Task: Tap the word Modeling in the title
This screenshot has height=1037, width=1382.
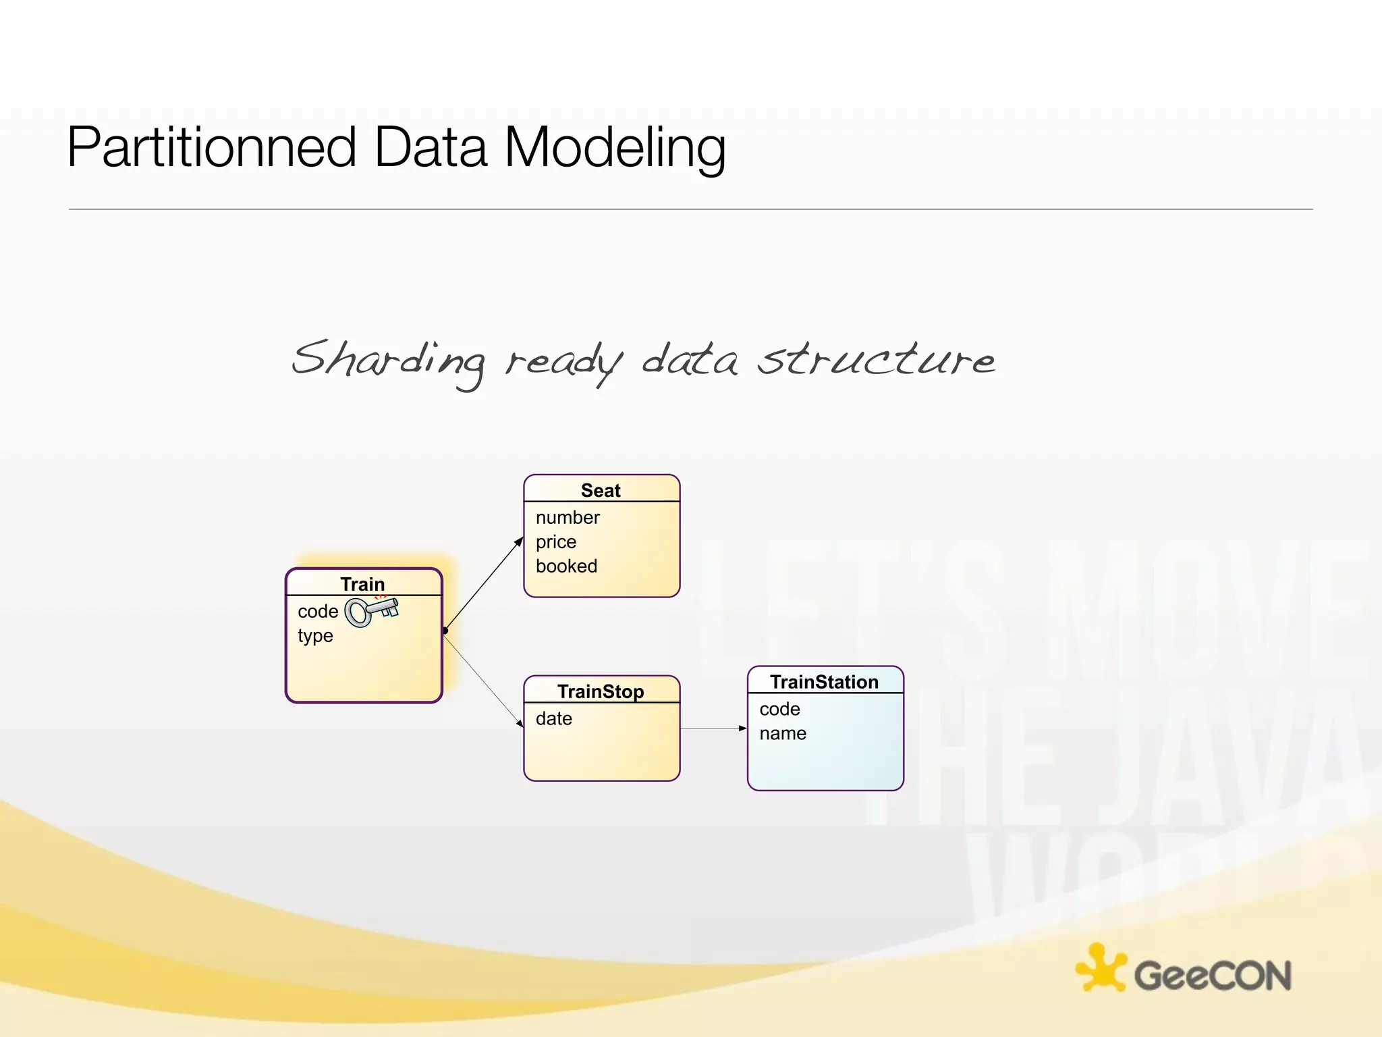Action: [615, 149]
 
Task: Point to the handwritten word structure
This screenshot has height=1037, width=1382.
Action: [875, 359]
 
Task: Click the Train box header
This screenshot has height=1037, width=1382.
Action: [362, 584]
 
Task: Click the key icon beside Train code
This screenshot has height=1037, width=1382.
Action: [372, 611]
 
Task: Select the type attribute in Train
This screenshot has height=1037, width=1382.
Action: [315, 636]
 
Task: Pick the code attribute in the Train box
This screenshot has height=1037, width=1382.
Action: [318, 612]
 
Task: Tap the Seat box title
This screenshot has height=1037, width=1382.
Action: [601, 490]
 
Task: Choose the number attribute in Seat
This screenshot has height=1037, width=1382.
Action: [568, 518]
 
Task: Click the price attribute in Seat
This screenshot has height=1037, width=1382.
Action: [556, 542]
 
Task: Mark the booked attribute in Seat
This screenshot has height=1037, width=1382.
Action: [566, 566]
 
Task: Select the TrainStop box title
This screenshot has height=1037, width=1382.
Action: [601, 691]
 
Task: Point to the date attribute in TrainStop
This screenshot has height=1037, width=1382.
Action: [553, 719]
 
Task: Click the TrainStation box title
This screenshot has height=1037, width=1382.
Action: [824, 682]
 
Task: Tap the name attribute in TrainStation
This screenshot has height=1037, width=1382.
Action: [783, 734]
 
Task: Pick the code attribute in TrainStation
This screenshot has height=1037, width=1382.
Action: [779, 710]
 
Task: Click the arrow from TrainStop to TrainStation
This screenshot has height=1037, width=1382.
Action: [713, 728]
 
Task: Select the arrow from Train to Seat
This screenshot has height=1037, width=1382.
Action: [484, 583]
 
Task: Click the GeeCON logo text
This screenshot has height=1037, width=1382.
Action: [1212, 976]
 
